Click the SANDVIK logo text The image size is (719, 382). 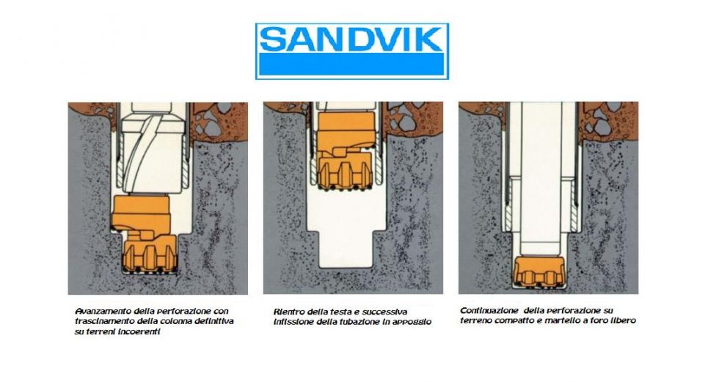(351, 39)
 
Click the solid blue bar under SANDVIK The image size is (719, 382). (351, 64)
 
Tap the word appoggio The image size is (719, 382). (412, 322)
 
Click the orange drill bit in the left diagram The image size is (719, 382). (143, 234)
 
